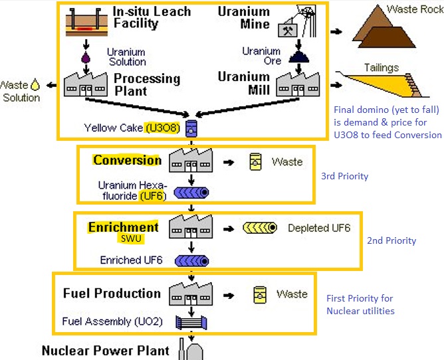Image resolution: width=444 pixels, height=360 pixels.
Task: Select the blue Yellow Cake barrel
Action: click(191, 127)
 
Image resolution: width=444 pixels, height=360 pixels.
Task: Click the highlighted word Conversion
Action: click(127, 160)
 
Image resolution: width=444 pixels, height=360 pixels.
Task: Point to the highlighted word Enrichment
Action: click(123, 227)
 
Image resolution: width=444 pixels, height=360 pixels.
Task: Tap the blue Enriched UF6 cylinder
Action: click(191, 260)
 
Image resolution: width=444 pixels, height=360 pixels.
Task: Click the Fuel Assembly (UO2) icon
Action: click(191, 323)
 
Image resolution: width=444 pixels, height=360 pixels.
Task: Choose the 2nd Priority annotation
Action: click(391, 240)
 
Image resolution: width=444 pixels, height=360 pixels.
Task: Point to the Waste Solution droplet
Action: click(35, 85)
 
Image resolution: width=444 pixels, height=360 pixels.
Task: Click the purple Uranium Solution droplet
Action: click(85, 58)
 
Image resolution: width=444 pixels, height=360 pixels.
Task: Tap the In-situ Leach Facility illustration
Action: click(88, 24)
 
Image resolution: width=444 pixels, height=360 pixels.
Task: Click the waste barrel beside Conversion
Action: click(254, 162)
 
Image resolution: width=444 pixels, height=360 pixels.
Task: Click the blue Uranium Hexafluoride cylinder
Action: click(191, 193)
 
